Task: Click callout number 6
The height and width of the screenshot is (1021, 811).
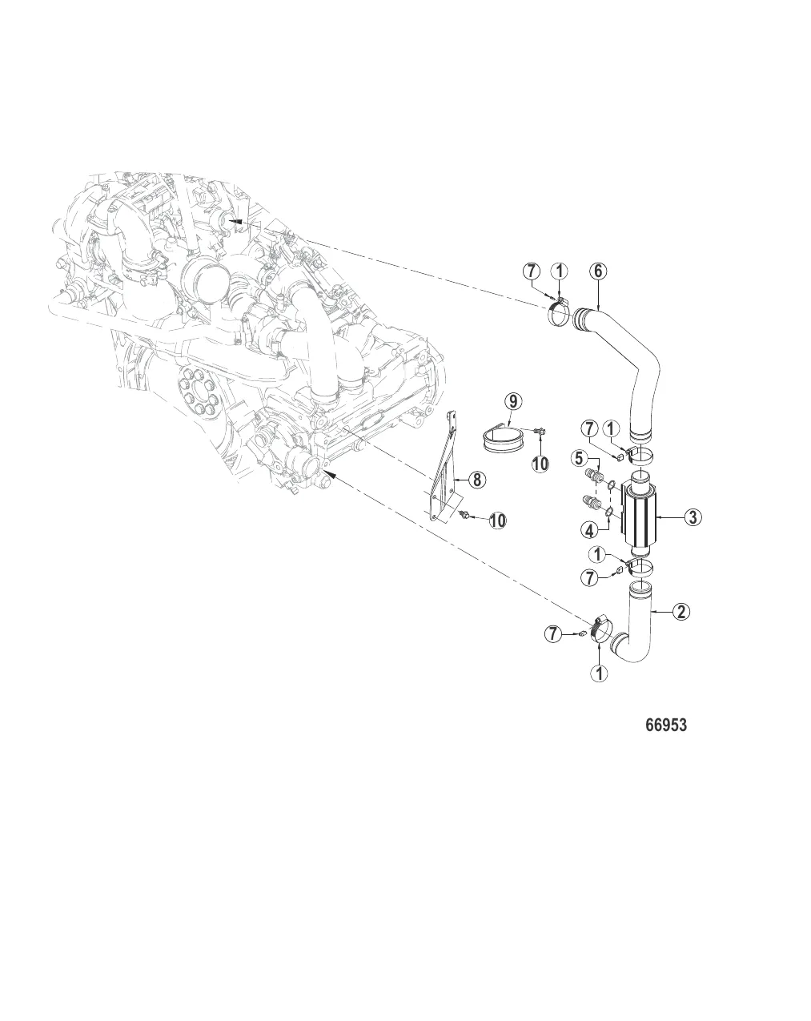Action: coord(598,271)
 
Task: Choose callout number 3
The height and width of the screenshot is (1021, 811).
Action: coord(693,517)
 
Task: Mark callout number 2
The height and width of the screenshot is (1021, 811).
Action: coord(681,613)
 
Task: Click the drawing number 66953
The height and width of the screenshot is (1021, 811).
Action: coord(666,726)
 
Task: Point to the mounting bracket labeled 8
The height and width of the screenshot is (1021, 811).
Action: coord(445,472)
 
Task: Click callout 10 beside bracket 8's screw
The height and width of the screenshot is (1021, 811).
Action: coord(497,521)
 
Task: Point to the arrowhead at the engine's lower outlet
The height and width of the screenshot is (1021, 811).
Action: coord(329,476)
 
